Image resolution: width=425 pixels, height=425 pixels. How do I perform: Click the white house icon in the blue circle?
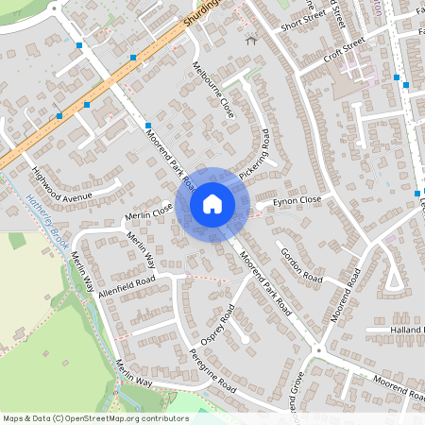click(x=212, y=204)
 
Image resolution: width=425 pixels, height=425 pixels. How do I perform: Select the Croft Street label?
click(x=343, y=47)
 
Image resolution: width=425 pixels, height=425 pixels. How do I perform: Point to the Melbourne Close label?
click(x=212, y=90)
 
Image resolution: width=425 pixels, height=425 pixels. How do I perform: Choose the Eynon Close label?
click(x=297, y=200)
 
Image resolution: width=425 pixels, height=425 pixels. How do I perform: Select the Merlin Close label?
click(x=148, y=213)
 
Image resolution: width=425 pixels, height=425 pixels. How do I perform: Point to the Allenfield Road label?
click(x=126, y=283)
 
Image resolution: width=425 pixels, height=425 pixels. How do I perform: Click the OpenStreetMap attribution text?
click(x=94, y=417)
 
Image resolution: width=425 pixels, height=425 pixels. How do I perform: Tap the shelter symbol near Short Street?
click(x=250, y=40)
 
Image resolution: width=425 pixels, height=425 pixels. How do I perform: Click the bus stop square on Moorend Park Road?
click(x=148, y=125)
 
